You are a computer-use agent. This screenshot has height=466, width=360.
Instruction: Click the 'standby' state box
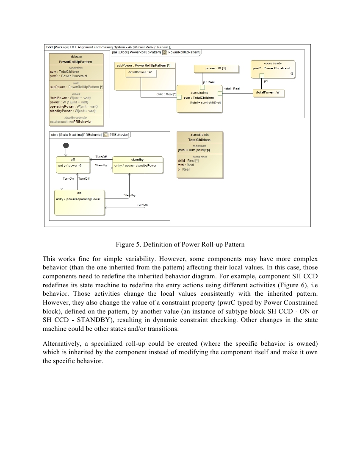[138, 165]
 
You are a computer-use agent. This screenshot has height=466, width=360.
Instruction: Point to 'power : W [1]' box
[216, 69]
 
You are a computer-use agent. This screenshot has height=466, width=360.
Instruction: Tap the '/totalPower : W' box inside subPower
[140, 73]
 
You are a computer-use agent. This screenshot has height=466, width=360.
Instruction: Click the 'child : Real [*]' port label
[166, 94]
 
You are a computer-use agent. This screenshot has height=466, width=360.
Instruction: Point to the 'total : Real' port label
[232, 89]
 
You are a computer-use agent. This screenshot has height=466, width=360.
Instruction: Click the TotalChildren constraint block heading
[199, 140]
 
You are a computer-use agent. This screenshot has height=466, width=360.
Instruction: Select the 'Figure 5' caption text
[180, 245]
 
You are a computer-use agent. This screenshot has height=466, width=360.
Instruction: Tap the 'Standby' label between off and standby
[101, 165]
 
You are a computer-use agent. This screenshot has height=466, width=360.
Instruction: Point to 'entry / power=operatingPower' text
[78, 199]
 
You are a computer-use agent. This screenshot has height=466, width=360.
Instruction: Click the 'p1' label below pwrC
[265, 80]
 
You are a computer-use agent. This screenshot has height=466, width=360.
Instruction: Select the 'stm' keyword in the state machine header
[54, 135]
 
